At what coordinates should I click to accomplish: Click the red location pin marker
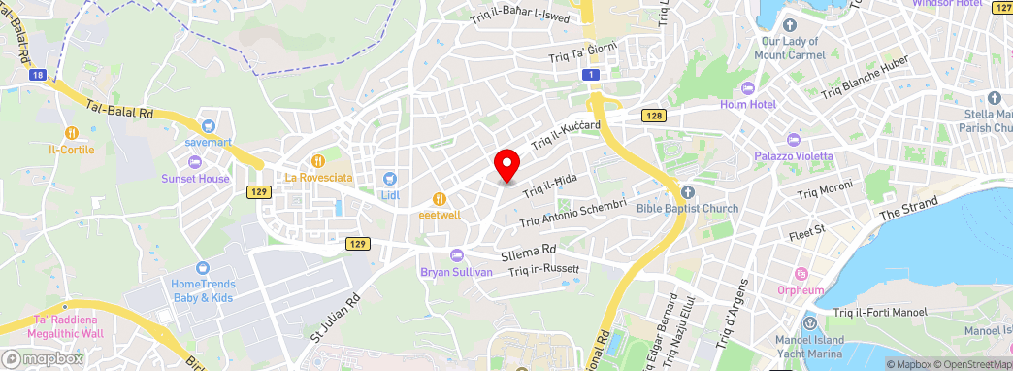click(506, 165)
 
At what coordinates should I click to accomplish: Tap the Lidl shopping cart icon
click(390, 179)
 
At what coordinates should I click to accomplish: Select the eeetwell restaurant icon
click(439, 199)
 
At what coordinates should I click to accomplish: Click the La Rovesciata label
click(318, 178)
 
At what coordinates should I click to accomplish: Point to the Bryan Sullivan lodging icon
click(457, 254)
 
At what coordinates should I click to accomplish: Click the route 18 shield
click(37, 74)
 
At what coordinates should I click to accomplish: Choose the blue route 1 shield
click(590, 75)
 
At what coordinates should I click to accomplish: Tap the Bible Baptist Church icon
click(687, 192)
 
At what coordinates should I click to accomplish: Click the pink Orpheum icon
click(801, 273)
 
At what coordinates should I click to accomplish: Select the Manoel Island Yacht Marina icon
click(809, 322)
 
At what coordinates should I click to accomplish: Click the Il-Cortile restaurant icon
click(71, 133)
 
